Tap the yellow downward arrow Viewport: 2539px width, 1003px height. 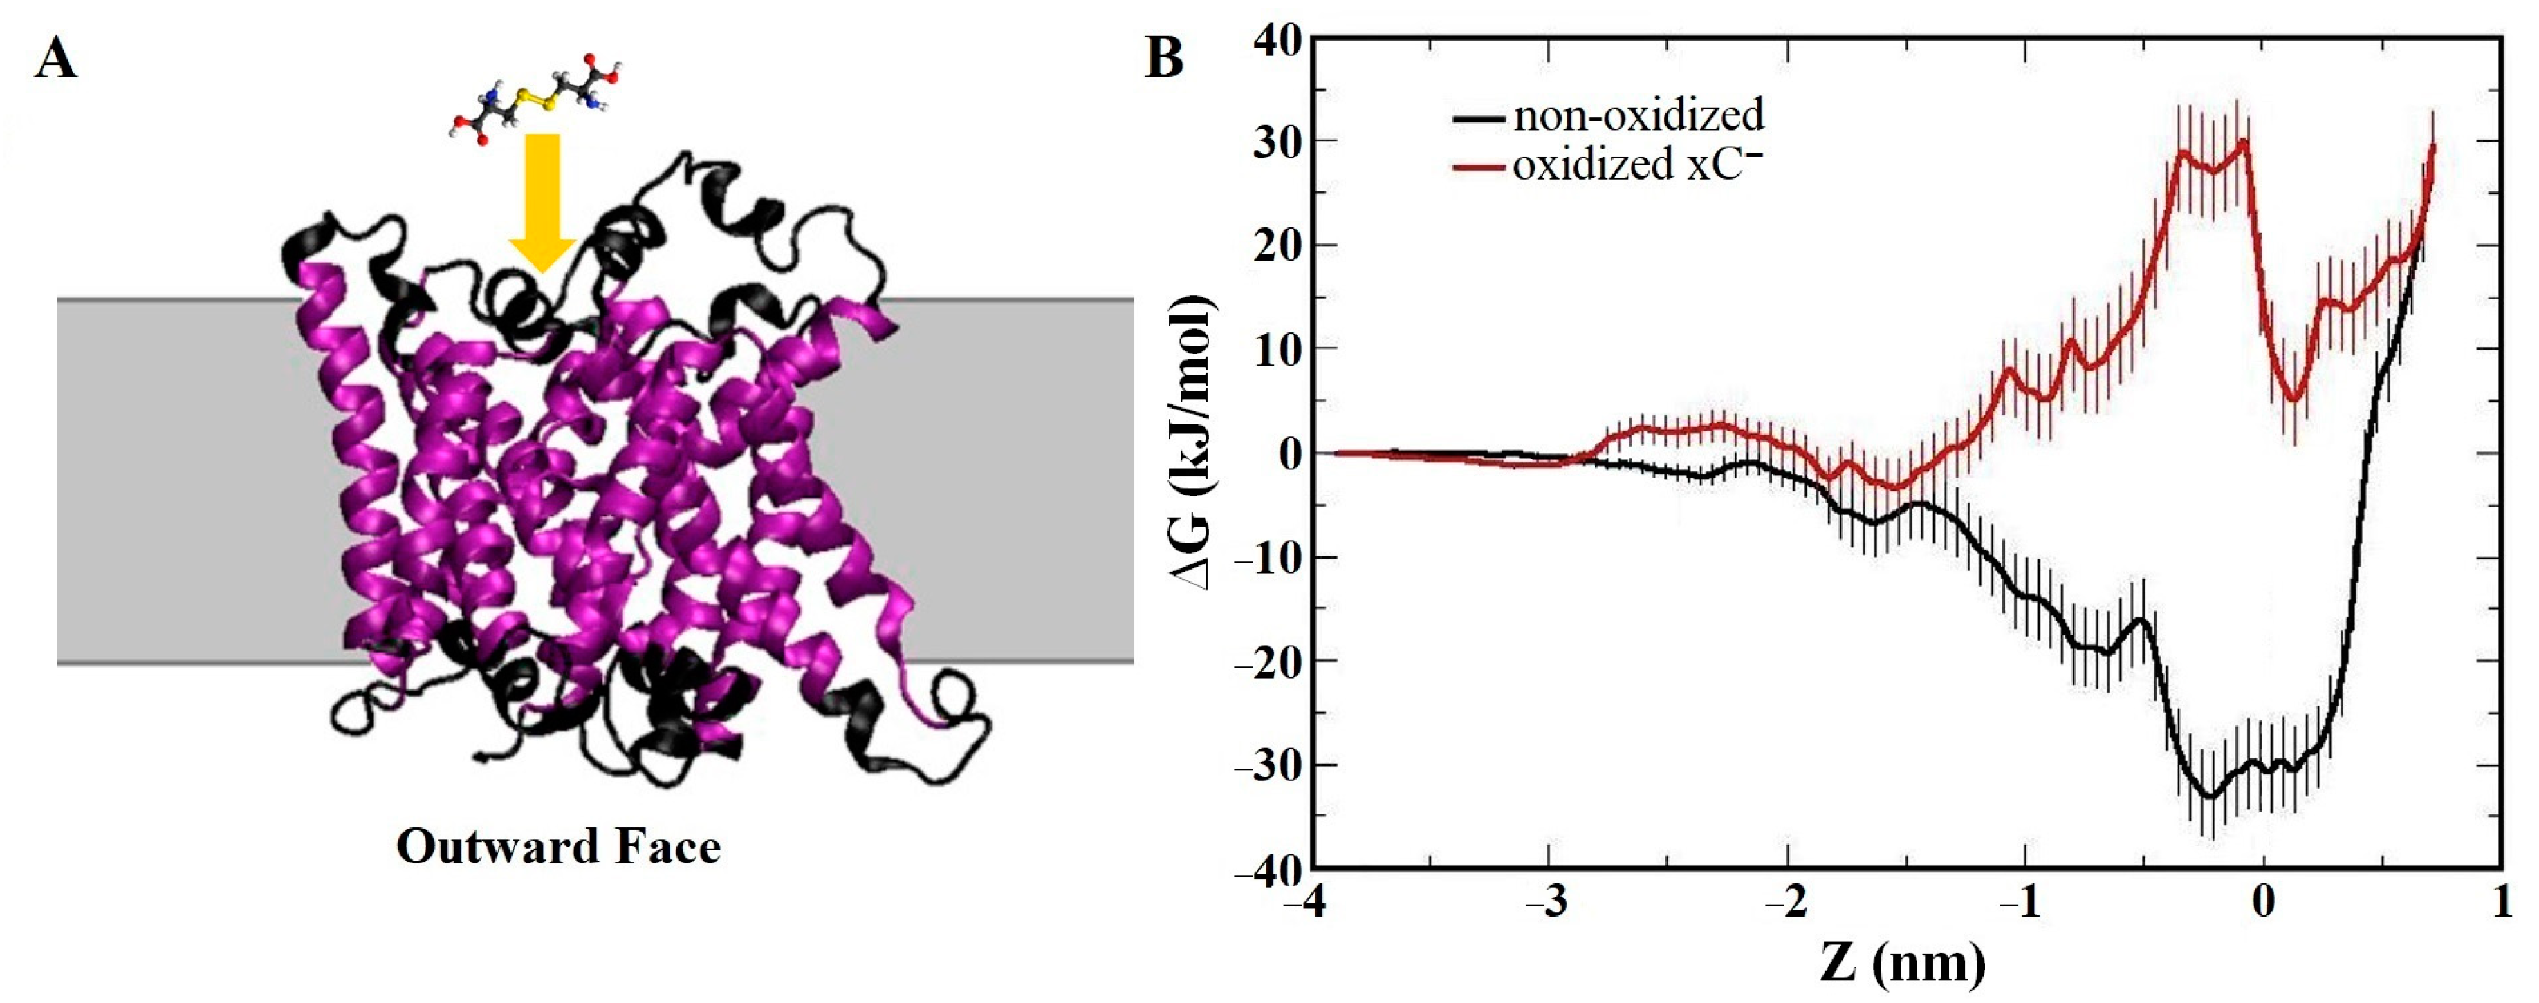[x=541, y=202]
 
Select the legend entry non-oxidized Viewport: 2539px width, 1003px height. [x=1637, y=116]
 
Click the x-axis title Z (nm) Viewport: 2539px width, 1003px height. [x=1902, y=964]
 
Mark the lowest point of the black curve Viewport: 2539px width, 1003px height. [x=2210, y=796]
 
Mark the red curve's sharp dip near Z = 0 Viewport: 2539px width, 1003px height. [x=2295, y=399]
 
